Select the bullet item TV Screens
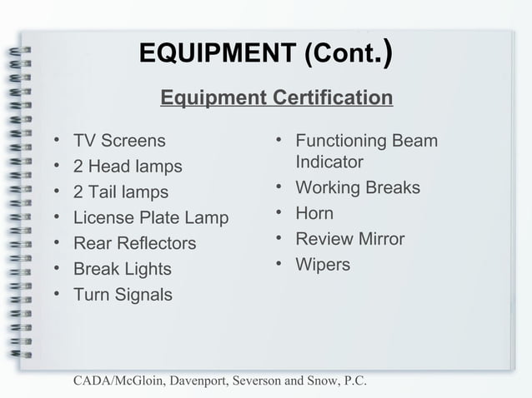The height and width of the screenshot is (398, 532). [119, 141]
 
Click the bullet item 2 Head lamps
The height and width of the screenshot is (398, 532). [128, 167]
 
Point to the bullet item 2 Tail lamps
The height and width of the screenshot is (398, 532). [121, 192]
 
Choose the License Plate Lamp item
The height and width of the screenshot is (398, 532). [151, 218]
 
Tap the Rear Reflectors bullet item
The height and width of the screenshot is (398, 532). [135, 244]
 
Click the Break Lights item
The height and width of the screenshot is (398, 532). [123, 270]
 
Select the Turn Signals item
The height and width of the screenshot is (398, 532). [123, 296]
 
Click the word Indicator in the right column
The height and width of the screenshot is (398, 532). [329, 162]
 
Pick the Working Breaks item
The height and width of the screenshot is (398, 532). [358, 187]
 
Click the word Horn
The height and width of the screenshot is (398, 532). [314, 213]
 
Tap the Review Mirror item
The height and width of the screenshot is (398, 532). [350, 239]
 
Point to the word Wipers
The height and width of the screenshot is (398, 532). [324, 265]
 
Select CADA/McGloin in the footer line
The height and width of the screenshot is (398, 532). [121, 381]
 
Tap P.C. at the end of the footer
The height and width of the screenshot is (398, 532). [354, 381]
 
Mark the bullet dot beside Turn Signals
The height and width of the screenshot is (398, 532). [56, 296]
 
